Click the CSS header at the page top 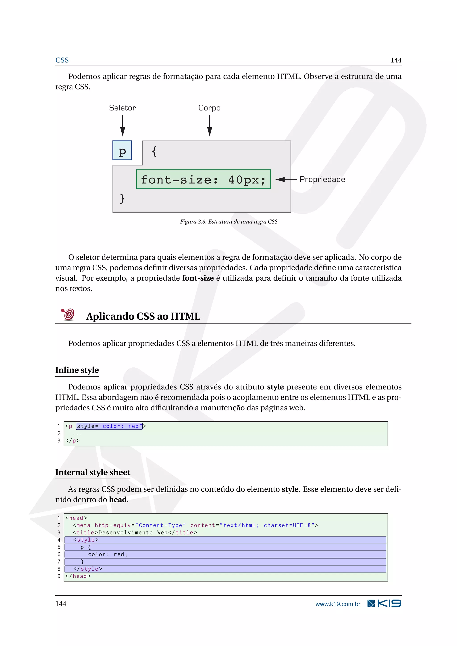(x=62, y=60)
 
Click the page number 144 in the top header (x=396, y=60)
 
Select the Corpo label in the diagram (x=209, y=108)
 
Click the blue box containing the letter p (x=122, y=151)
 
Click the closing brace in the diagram (x=122, y=198)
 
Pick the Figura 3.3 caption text (x=228, y=222)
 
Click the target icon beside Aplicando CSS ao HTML (x=68, y=315)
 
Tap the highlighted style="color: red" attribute (x=109, y=426)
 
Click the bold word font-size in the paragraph (x=198, y=278)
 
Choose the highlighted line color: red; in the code (x=108, y=554)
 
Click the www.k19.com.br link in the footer (x=338, y=604)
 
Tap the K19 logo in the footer (x=384, y=604)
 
